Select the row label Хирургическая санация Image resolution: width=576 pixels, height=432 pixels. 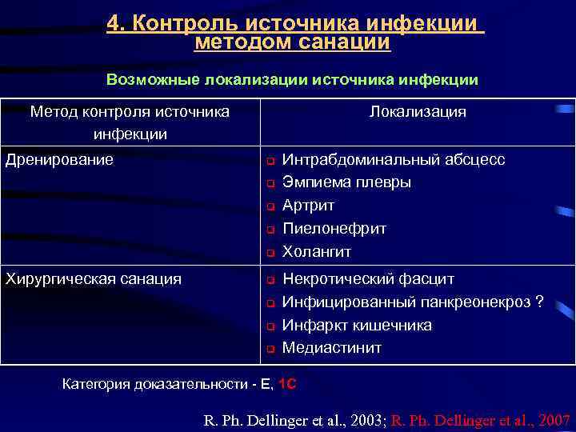[94, 278]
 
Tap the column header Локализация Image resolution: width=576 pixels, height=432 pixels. [418, 112]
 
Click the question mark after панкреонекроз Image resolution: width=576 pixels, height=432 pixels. [539, 302]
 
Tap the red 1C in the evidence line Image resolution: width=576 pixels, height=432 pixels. [288, 385]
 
